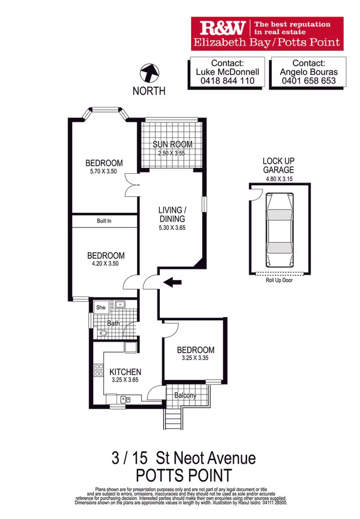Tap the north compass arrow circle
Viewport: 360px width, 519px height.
149,74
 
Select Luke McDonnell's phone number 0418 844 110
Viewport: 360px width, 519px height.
227,81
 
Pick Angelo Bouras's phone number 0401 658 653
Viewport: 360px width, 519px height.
308,81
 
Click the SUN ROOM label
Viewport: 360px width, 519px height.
172,144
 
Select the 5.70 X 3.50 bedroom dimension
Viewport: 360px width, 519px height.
104,172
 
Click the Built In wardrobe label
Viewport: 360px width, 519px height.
104,221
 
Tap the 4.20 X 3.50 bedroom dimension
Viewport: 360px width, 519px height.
105,264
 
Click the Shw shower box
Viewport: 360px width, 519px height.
101,307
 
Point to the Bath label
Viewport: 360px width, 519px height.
113,323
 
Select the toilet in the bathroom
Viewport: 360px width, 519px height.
102,333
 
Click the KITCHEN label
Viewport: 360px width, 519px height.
125,372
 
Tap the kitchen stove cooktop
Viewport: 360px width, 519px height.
99,370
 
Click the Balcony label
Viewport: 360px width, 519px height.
185,395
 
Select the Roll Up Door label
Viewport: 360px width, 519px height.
279,280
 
